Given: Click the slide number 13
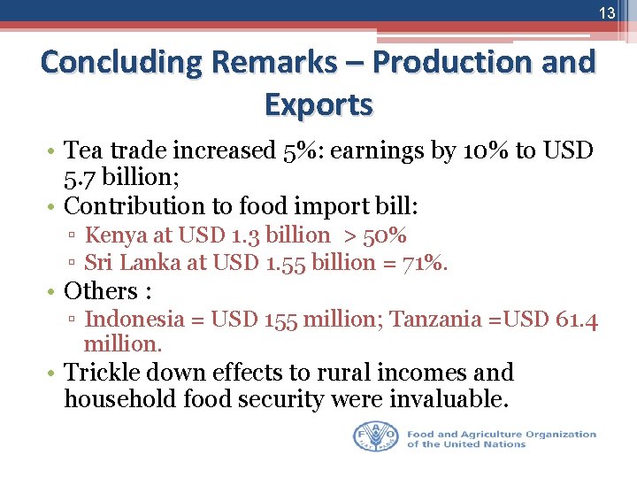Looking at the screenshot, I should [607, 13].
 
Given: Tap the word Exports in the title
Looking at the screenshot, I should [318, 104].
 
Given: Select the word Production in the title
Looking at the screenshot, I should [457, 63].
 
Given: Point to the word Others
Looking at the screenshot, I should [99, 291].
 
